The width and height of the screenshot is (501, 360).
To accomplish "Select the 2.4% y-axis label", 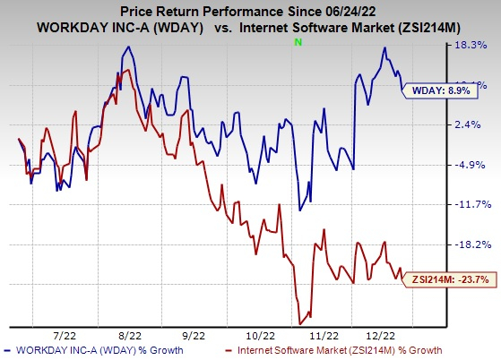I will (473, 125).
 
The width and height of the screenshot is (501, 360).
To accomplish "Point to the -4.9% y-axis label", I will (471, 165).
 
